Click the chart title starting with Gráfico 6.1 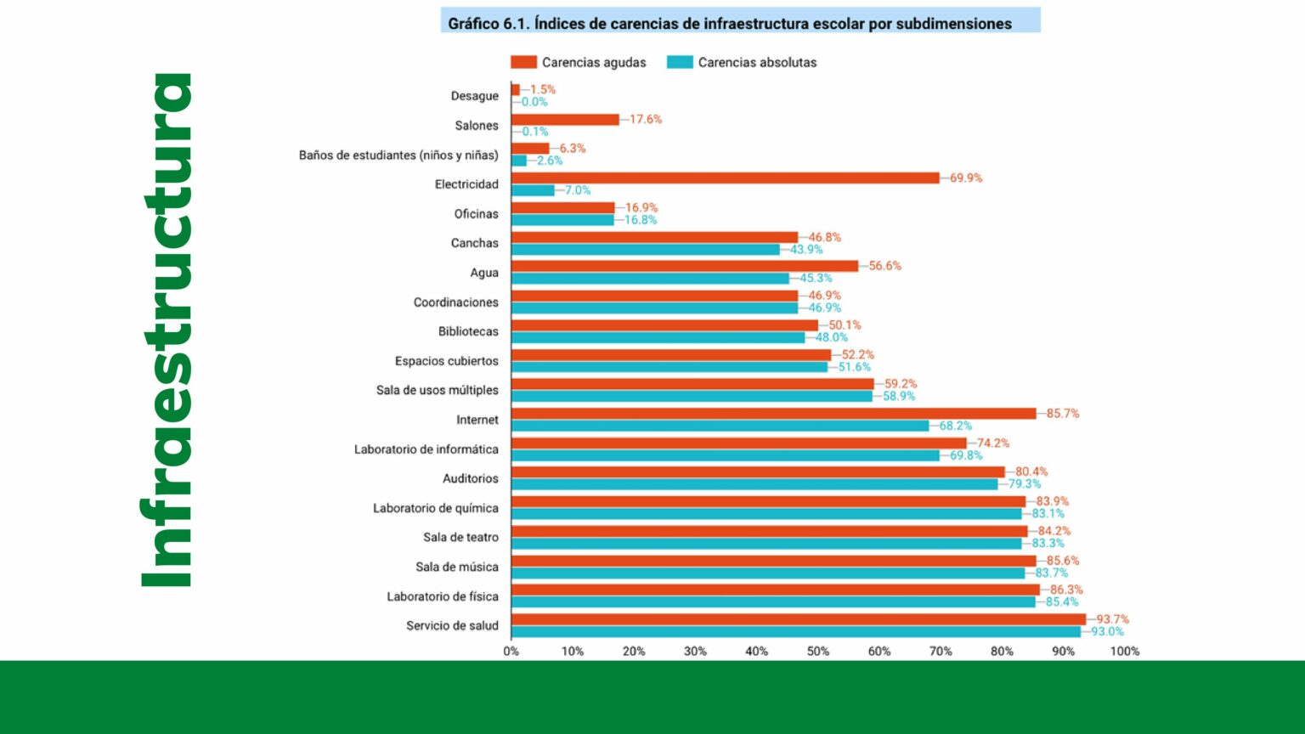(730, 23)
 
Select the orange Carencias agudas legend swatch (523, 62)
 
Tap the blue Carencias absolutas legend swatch (680, 62)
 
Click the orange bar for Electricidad (725, 178)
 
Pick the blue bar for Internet (720, 426)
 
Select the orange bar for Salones (565, 120)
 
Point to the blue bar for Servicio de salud (795, 632)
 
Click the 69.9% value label (966, 178)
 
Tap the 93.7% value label (1112, 619)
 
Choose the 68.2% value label (955, 426)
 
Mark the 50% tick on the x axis (817, 652)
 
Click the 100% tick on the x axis (1124, 652)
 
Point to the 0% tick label (511, 652)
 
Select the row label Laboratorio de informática (426, 449)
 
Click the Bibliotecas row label (468, 331)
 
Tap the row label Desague (474, 96)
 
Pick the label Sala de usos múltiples (437, 390)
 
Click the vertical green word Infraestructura (167, 331)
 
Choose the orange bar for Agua (684, 266)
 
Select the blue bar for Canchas (645, 250)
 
